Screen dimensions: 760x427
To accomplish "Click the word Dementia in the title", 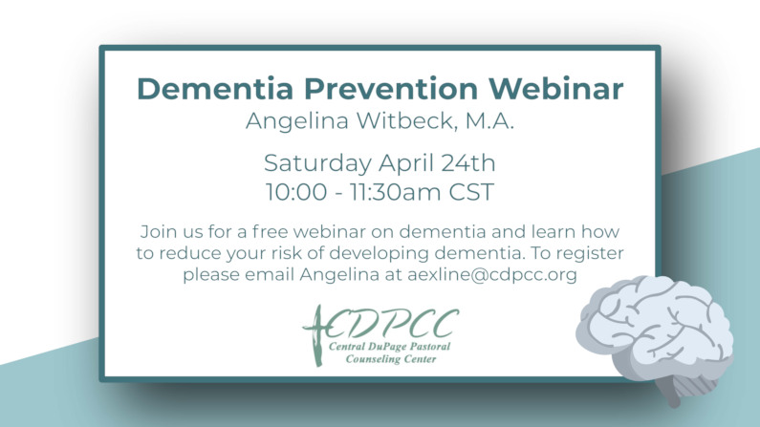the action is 215,89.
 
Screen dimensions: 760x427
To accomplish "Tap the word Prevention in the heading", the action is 391,89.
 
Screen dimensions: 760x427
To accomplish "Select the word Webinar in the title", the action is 556,89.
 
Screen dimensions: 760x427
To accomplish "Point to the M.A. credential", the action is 490,120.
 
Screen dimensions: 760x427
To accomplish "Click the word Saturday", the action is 317,163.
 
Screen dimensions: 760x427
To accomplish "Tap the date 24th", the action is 468,162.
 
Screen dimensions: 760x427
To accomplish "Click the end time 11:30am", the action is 394,192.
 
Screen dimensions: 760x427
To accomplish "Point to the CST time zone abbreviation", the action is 471,192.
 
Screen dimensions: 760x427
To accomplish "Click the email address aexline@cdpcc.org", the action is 492,275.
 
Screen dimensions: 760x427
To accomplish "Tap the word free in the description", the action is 270,231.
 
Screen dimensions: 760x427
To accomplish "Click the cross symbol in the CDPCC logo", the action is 316,335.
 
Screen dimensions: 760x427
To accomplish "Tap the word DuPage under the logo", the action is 387,346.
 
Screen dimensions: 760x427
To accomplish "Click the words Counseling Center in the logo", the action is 391,359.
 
